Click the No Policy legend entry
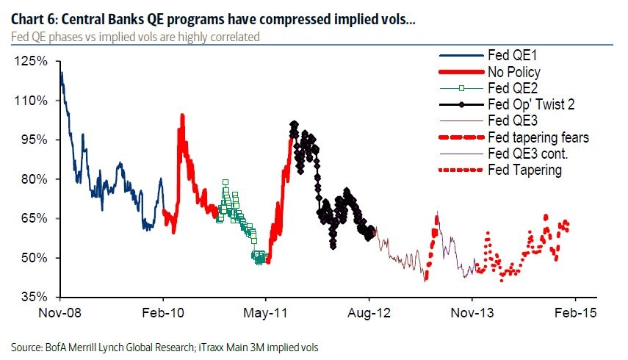point(513,72)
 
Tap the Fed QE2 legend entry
point(511,88)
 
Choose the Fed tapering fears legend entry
point(538,137)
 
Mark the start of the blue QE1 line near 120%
point(61,73)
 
